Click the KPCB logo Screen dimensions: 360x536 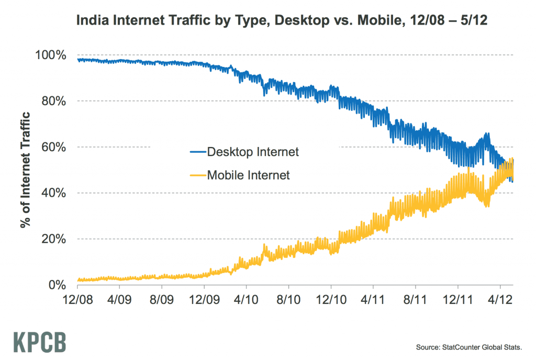coord(40,341)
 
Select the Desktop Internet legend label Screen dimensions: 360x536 coord(253,152)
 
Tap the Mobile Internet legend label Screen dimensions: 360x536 coord(248,175)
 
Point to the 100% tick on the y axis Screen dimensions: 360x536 coord(51,55)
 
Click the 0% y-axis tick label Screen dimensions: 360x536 coord(57,285)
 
